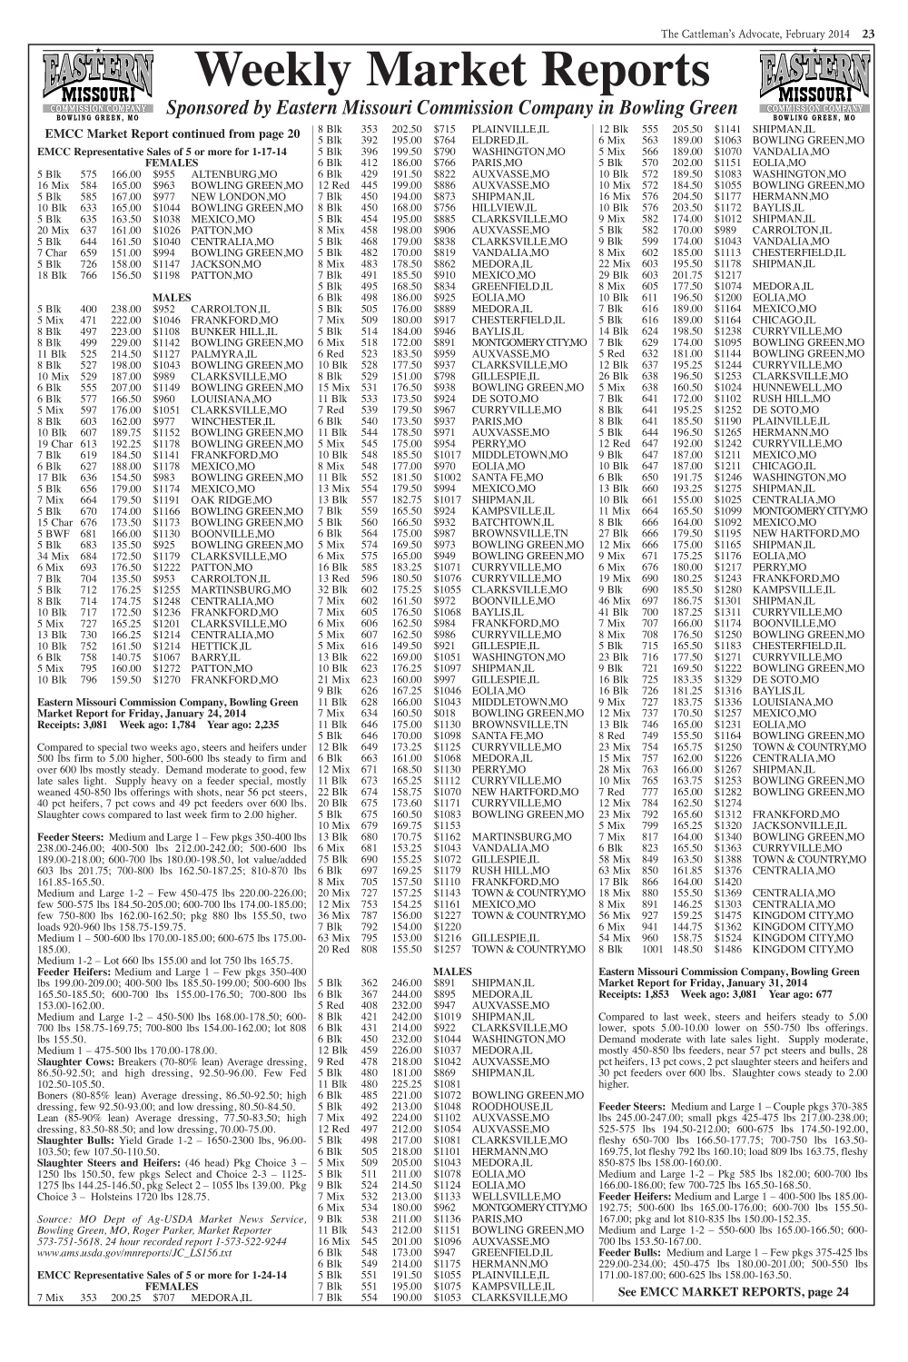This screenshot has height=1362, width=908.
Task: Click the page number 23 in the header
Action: (x=868, y=35)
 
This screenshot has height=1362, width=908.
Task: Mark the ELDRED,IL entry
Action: (x=498, y=141)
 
